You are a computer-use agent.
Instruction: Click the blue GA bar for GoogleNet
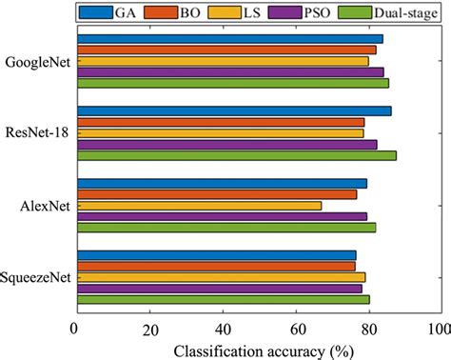[x=228, y=39]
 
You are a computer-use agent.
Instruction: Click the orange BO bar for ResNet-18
[x=220, y=122]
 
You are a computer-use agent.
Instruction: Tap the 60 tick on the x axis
[x=296, y=329]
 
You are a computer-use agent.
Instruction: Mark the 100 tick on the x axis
[x=439, y=329]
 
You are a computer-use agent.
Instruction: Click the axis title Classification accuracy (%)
[x=257, y=350]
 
